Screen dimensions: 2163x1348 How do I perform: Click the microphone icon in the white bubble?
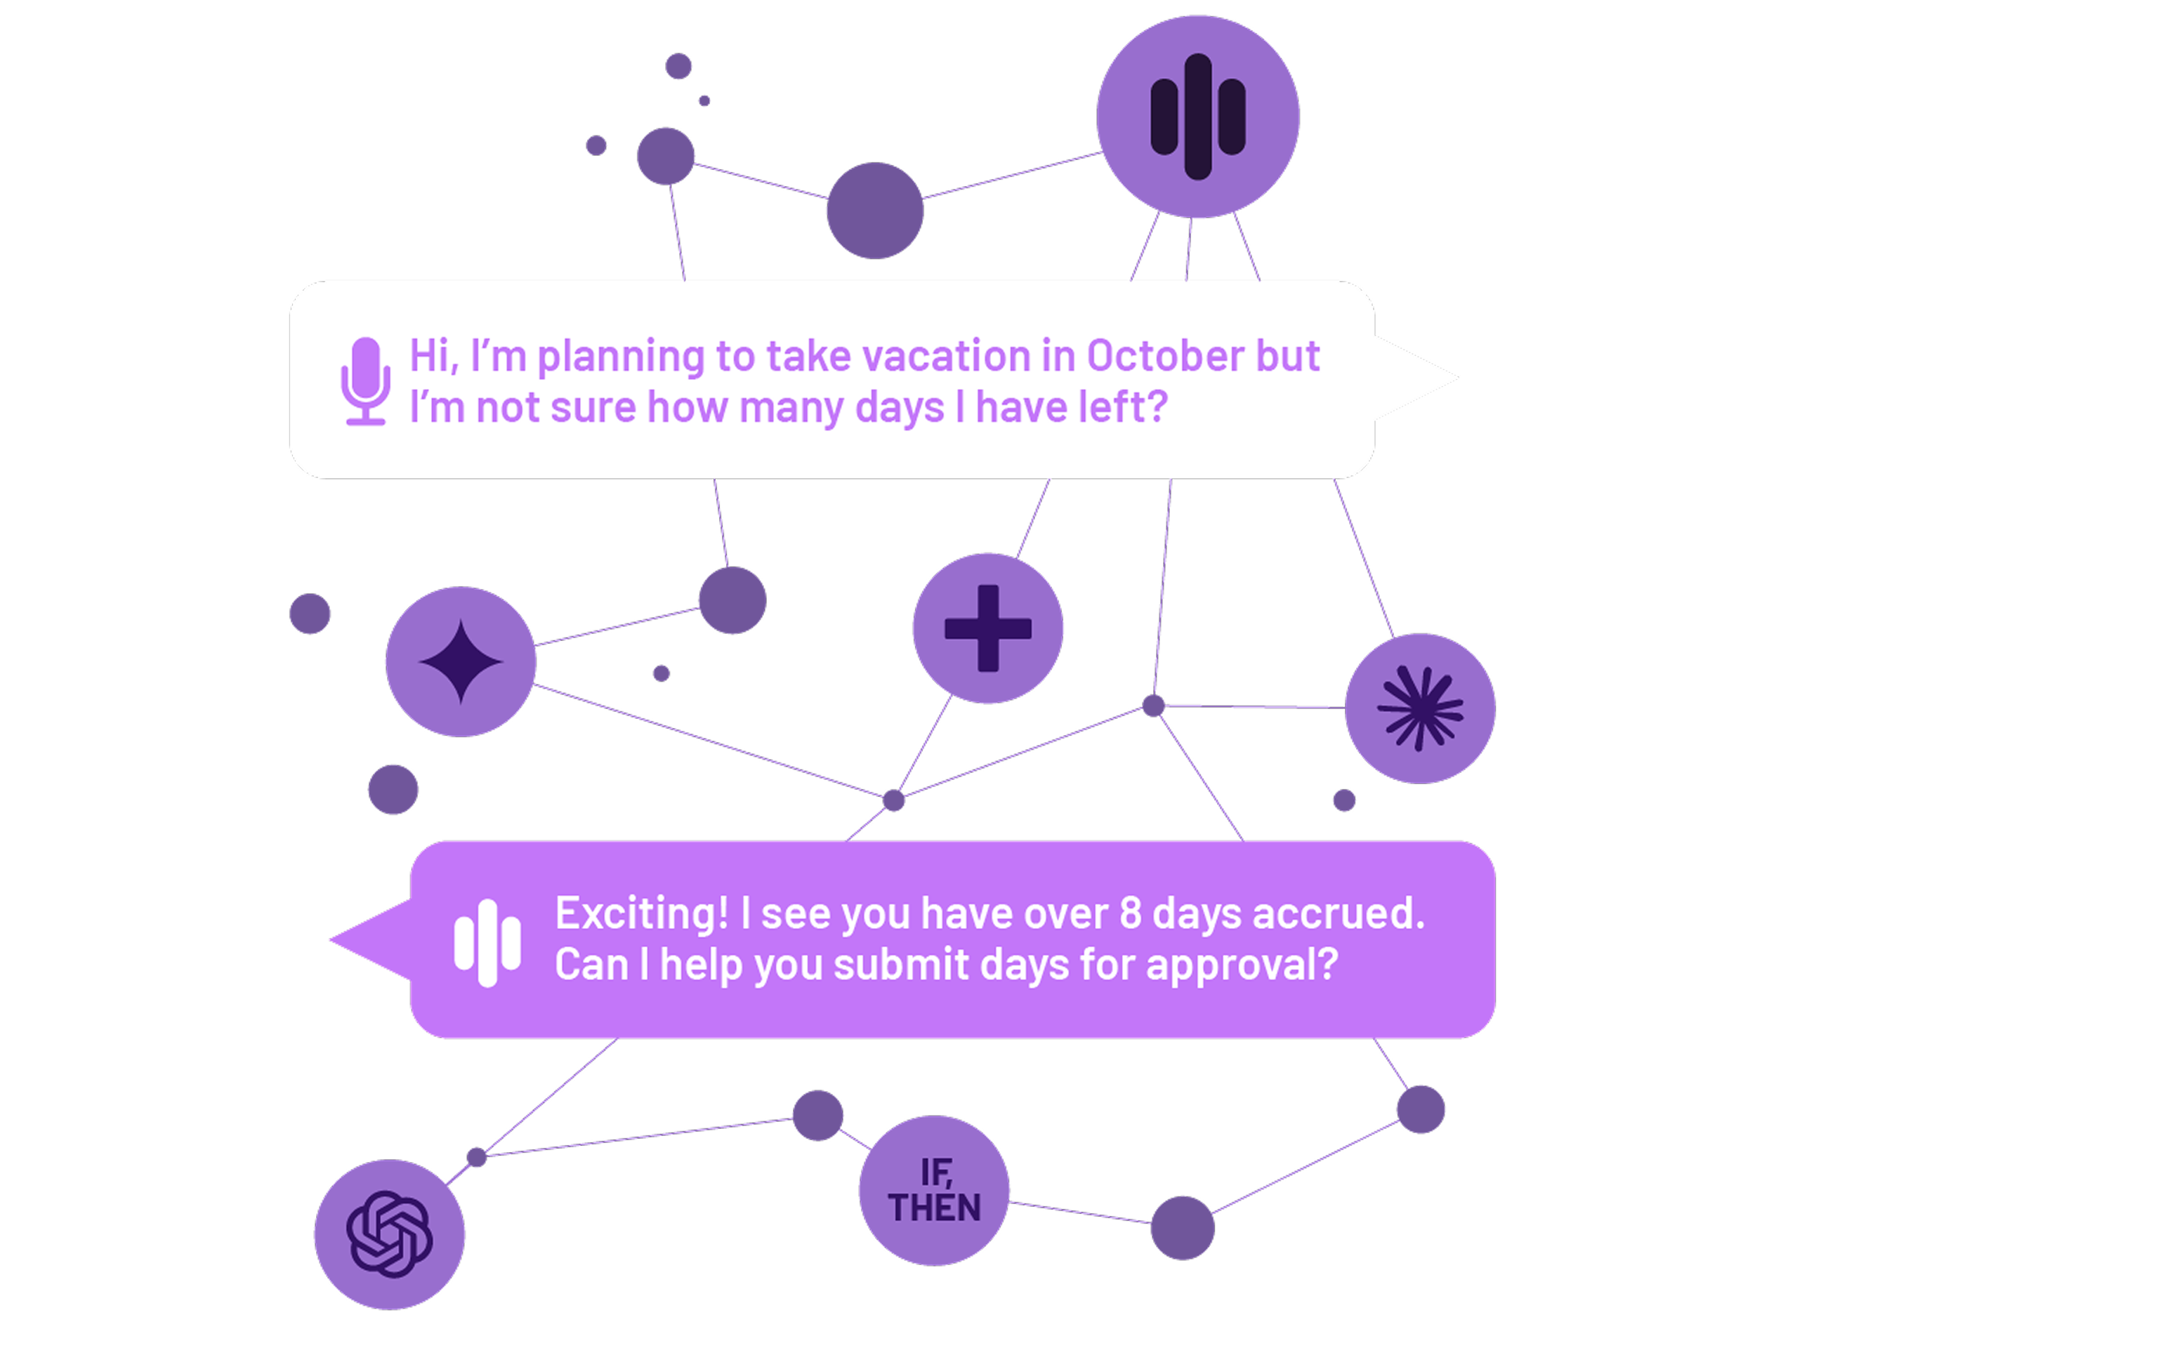click(366, 381)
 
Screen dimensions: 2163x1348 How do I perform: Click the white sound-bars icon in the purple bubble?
click(487, 942)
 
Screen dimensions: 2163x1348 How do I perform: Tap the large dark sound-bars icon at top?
click(1197, 117)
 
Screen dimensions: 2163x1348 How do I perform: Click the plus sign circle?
click(988, 628)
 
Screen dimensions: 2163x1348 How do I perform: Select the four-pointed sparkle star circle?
click(461, 661)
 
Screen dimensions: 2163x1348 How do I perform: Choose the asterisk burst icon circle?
click(1420, 709)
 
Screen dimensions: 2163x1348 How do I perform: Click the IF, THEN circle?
click(935, 1190)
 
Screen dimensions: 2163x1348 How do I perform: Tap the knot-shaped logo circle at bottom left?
click(390, 1235)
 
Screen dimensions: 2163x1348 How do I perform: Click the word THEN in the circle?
click(935, 1208)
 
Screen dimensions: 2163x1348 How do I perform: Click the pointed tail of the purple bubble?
click(331, 939)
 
